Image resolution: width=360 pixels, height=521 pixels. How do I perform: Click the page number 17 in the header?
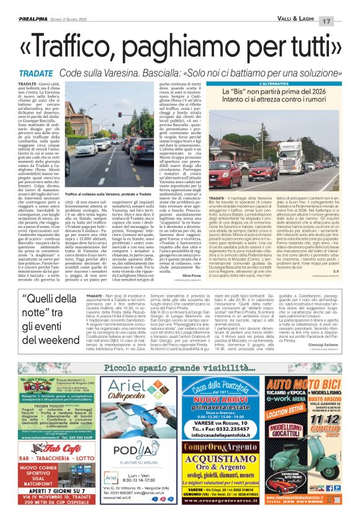(x=344, y=22)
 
